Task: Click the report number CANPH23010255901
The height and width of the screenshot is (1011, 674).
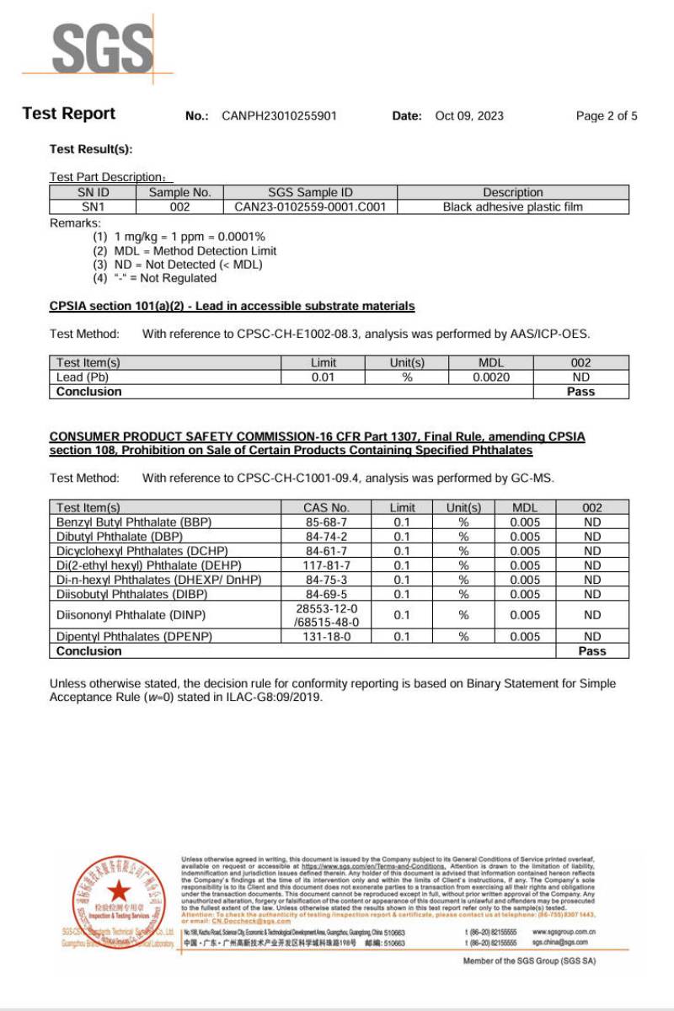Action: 279,115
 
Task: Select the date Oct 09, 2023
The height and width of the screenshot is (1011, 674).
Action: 469,115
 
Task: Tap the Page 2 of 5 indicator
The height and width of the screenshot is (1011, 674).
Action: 607,115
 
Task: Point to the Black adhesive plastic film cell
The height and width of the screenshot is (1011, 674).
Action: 512,206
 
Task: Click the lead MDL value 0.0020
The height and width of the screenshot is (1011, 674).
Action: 491,377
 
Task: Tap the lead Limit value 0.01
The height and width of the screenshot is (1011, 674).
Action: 324,377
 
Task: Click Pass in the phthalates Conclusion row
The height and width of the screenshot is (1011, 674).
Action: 592,651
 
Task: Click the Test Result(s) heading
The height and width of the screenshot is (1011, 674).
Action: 91,149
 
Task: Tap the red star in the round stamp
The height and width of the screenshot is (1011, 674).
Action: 119,890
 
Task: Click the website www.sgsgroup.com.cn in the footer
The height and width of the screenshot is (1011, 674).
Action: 564,932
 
